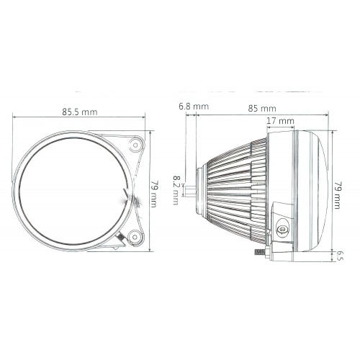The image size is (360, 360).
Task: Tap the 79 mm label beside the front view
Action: click(x=153, y=192)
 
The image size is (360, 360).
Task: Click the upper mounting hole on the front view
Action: click(x=135, y=145)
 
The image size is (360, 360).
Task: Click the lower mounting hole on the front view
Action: click(x=135, y=235)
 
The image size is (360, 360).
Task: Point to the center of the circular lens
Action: click(x=72, y=190)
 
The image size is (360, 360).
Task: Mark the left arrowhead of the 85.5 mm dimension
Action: click(x=15, y=120)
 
